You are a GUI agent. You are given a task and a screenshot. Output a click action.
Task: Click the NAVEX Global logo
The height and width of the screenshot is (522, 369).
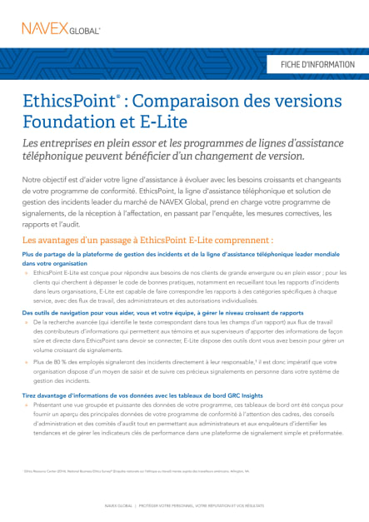pyautogui.click(x=61, y=29)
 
